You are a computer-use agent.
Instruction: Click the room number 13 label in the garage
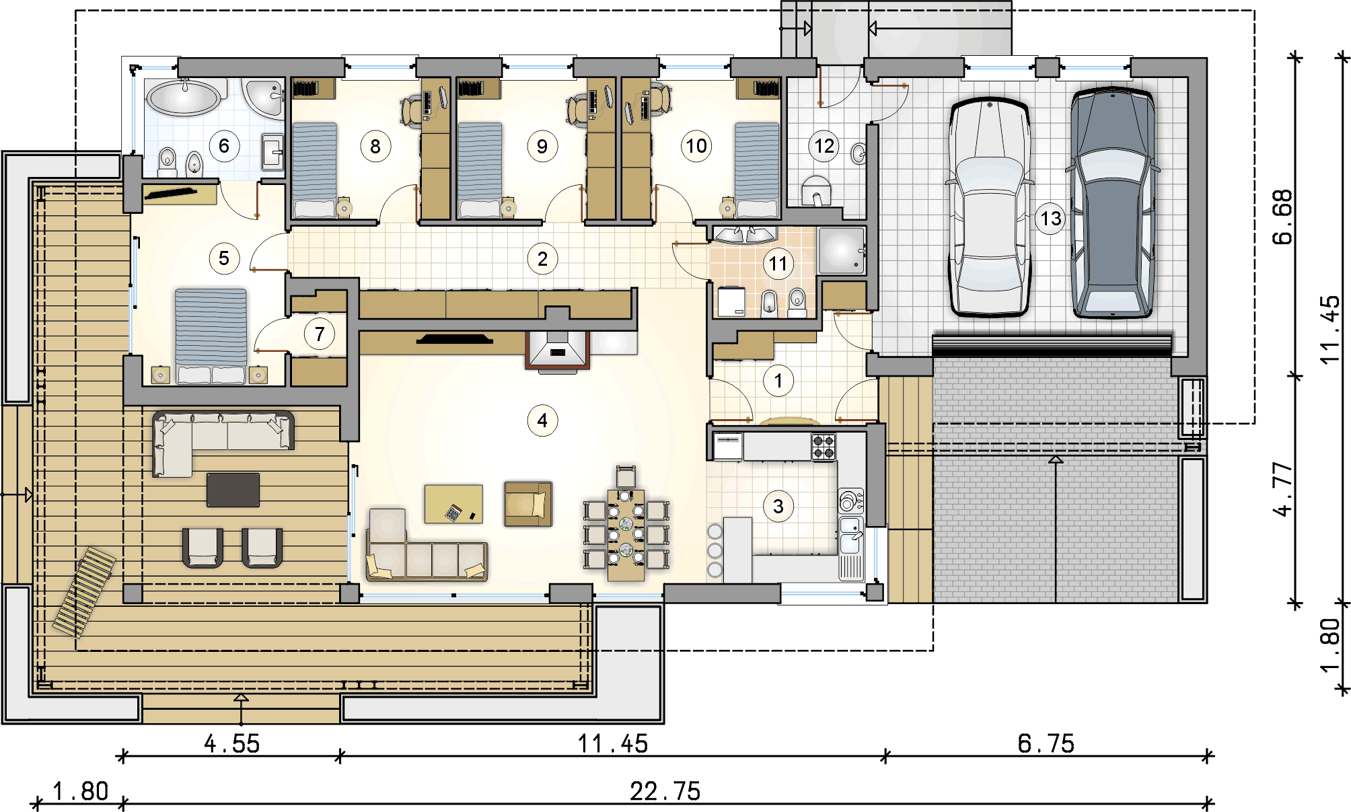tap(1050, 219)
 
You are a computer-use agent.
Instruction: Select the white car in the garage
tap(990, 207)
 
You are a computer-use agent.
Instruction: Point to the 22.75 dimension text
tap(665, 791)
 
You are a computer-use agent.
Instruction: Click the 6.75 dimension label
tap(1046, 743)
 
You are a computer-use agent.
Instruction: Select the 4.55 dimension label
tap(231, 743)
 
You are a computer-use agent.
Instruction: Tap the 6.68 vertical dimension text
tap(1283, 217)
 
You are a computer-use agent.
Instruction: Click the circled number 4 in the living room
tap(542, 420)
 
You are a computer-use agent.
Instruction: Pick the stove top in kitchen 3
tap(824, 447)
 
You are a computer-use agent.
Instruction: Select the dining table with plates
tap(626, 534)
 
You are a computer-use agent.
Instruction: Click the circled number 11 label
tap(778, 264)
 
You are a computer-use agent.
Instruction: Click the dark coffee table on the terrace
tap(233, 490)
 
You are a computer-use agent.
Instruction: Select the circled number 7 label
tap(320, 334)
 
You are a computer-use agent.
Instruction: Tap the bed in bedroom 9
tap(479, 170)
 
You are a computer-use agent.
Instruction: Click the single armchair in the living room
tap(528, 504)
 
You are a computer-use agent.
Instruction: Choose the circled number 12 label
tap(824, 146)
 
